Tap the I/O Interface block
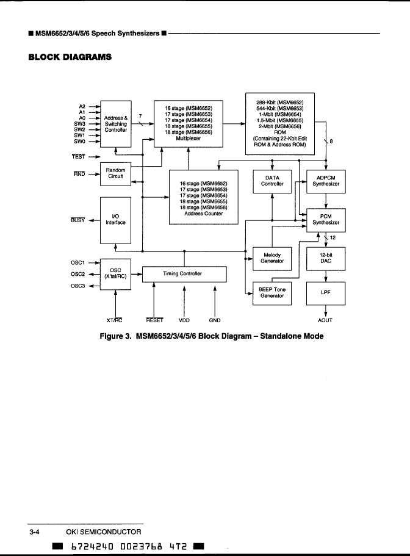[115, 220]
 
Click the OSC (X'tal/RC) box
[115, 273]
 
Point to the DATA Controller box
[272, 180]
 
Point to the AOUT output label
[325, 320]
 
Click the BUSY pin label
[77, 220]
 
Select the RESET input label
[154, 320]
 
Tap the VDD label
[184, 320]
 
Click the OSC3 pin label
[77, 286]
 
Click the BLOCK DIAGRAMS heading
[70, 57]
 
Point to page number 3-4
[35, 532]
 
